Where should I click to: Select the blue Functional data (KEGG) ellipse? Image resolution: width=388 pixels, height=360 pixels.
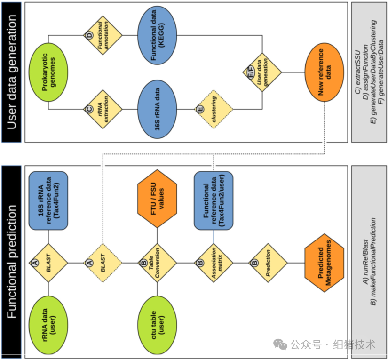(157, 35)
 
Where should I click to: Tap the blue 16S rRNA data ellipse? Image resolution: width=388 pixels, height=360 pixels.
(157, 109)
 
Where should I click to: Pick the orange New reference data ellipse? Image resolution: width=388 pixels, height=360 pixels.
(323, 72)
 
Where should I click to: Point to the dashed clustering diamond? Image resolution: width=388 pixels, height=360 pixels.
(214, 109)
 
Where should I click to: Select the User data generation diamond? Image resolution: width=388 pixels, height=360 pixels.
(261, 72)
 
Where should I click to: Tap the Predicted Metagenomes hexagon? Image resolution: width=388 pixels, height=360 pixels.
(323, 262)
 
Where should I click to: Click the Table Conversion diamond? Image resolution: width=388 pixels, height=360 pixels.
(157, 263)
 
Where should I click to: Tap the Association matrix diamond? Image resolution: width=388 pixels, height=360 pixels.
(214, 263)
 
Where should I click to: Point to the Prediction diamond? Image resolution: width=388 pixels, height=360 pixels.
(267, 263)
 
